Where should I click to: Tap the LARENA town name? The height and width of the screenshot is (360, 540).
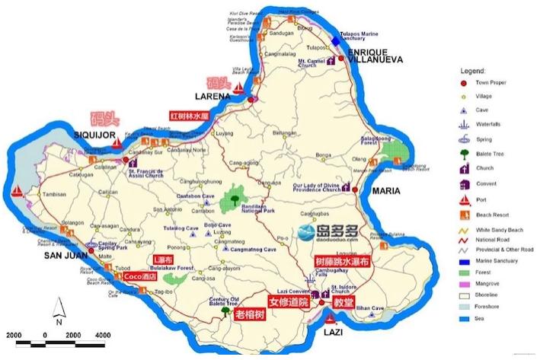[212, 97]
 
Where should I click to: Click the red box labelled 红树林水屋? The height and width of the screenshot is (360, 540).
[189, 116]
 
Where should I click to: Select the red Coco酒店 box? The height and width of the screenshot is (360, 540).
[140, 277]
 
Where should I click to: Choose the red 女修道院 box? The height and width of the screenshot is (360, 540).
[286, 302]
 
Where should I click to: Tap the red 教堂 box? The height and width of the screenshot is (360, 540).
[343, 301]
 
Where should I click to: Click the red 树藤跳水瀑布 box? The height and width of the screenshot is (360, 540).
[343, 260]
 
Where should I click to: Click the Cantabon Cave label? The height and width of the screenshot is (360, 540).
[196, 196]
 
